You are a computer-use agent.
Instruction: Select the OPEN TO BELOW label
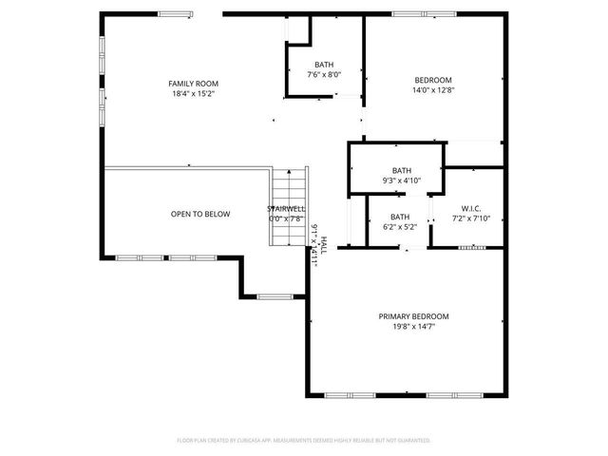tap(199, 214)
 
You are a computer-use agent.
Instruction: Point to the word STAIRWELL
tap(286, 208)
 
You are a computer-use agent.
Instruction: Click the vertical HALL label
tap(323, 244)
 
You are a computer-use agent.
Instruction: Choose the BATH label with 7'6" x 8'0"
tap(324, 65)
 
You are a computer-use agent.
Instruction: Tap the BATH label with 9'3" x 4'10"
tap(401, 170)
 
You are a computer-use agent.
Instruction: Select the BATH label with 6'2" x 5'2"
tap(400, 217)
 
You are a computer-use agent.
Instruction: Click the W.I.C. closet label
tap(471, 208)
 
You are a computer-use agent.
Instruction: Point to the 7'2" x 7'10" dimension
tap(471, 218)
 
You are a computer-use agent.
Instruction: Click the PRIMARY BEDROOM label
tap(413, 316)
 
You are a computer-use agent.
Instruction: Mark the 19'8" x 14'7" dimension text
tap(413, 327)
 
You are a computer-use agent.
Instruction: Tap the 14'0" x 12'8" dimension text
tap(432, 90)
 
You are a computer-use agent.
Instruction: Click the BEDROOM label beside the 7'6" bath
tap(432, 80)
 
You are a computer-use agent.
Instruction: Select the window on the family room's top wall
tap(174, 13)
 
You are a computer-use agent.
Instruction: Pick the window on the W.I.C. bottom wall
tap(471, 247)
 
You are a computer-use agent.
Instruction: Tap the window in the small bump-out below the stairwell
tap(274, 296)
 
